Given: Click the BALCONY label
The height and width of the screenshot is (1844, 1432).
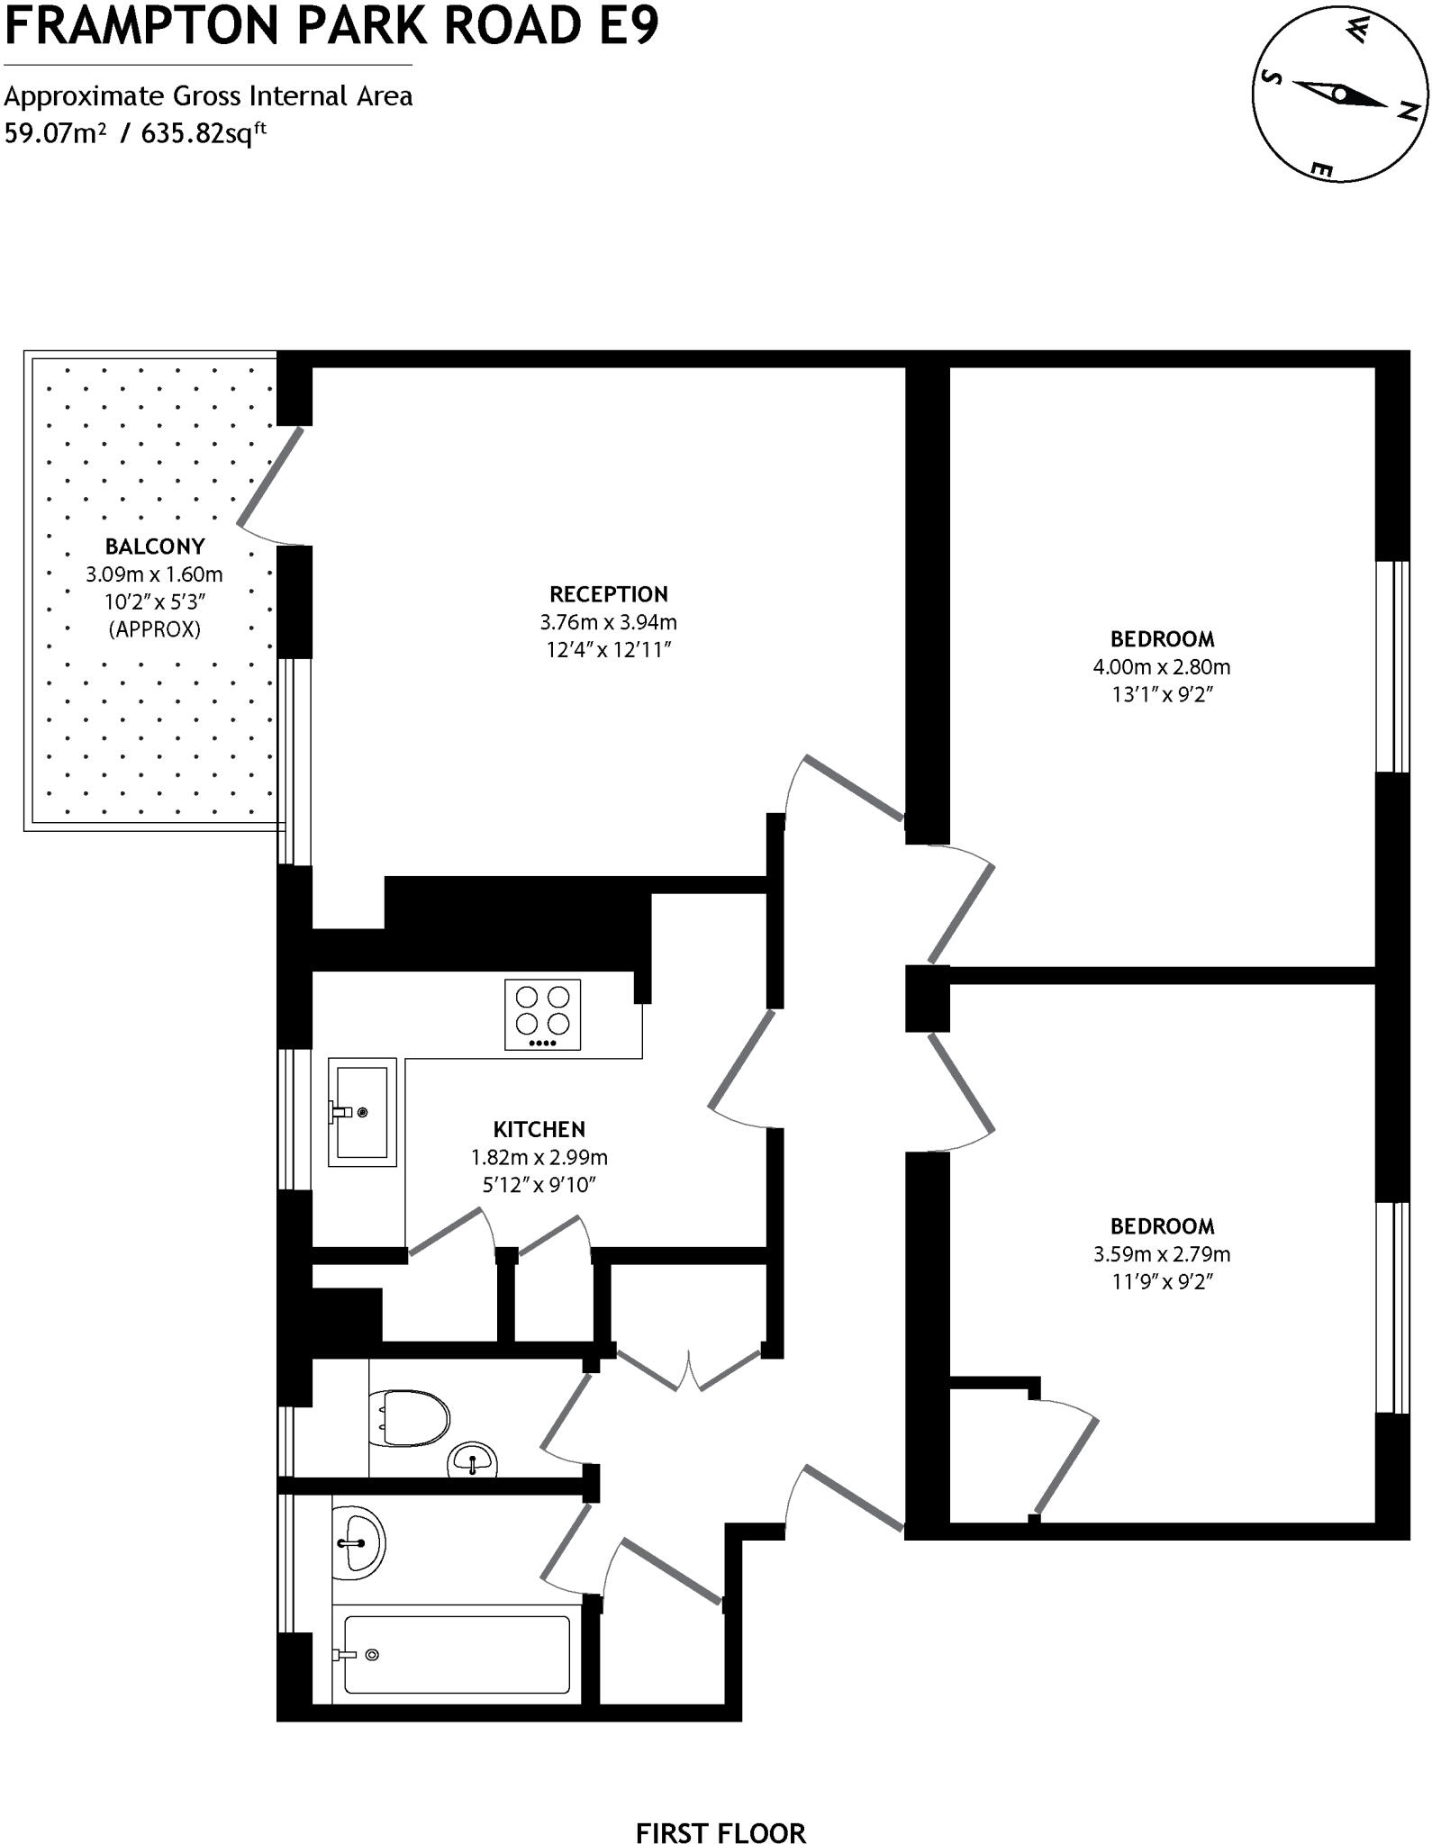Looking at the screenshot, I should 154,547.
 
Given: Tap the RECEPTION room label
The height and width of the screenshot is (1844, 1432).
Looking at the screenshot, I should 609,594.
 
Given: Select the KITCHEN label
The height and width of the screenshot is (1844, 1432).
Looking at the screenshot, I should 539,1129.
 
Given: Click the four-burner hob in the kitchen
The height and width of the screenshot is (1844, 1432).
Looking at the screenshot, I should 542,1014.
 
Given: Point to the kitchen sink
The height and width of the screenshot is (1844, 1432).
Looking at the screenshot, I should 362,1112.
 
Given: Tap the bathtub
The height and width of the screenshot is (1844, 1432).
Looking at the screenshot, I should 457,1654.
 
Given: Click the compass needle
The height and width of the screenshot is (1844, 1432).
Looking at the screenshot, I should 1340,94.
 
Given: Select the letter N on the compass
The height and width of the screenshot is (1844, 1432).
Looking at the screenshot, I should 1409,111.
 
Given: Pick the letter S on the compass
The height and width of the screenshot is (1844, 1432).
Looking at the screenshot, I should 1271,77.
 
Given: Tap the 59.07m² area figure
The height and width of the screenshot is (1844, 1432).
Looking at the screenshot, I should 56,133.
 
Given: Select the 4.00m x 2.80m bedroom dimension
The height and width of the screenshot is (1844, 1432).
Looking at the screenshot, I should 1161,667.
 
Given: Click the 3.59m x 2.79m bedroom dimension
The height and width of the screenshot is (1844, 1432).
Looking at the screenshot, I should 1161,1254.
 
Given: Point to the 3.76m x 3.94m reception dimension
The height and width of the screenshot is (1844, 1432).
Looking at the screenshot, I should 608,622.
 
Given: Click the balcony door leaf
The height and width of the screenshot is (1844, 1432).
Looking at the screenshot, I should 270,476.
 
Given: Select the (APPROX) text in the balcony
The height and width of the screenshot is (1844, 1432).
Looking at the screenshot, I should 154,629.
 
